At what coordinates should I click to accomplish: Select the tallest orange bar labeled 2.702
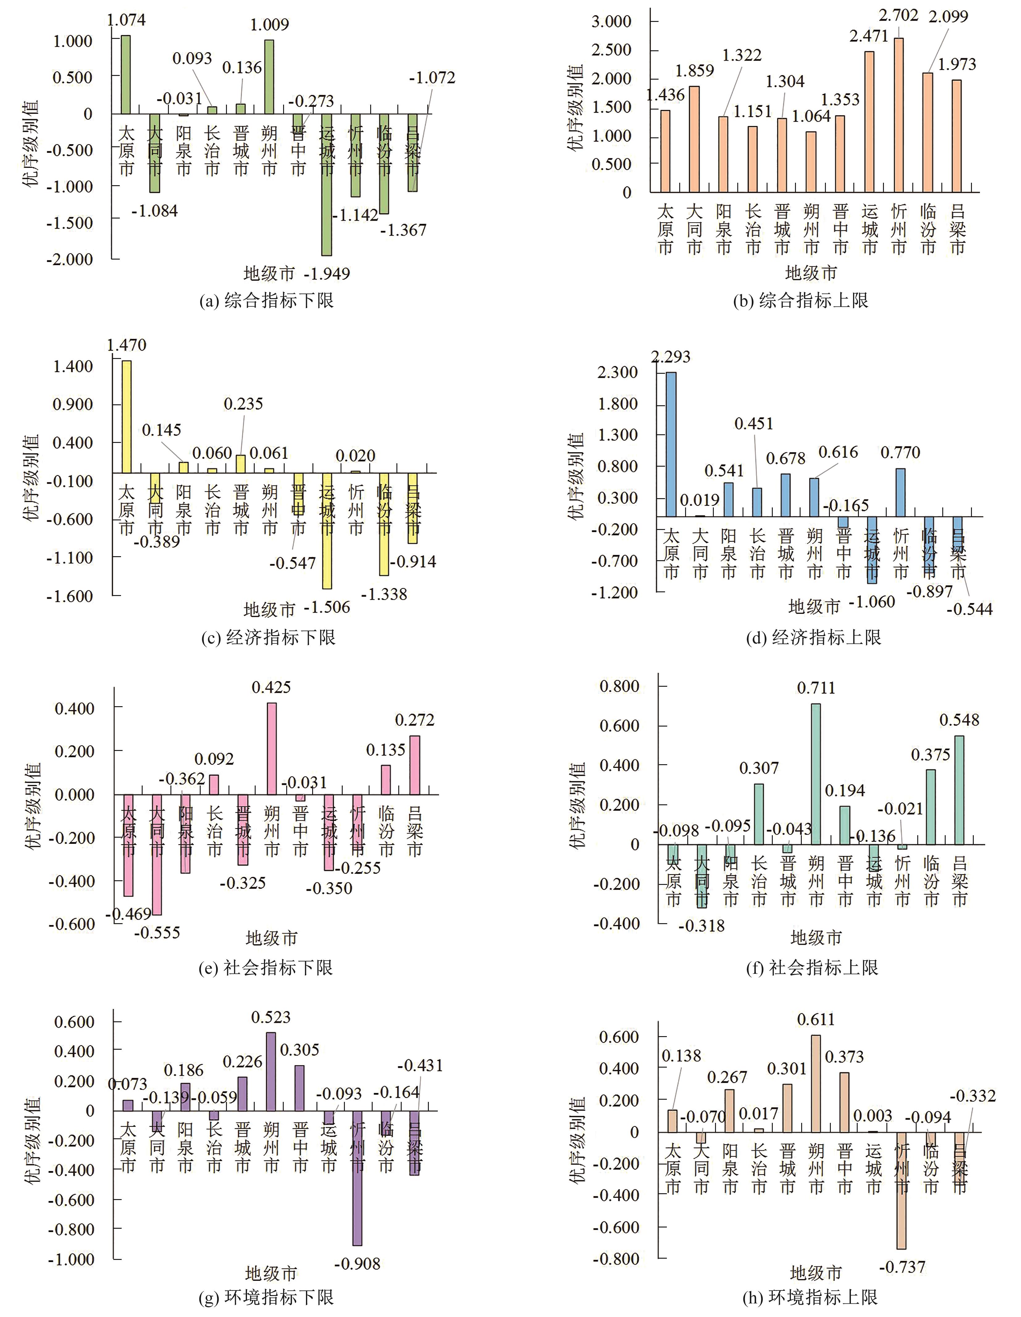(898, 115)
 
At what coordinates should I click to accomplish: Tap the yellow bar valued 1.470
(127, 416)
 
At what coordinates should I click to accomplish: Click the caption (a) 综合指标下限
(266, 300)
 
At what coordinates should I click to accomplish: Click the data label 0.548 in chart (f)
(960, 720)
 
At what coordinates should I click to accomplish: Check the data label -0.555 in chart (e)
(157, 933)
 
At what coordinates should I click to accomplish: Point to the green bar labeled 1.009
(270, 77)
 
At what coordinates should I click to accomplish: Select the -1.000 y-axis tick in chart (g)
(71, 1260)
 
